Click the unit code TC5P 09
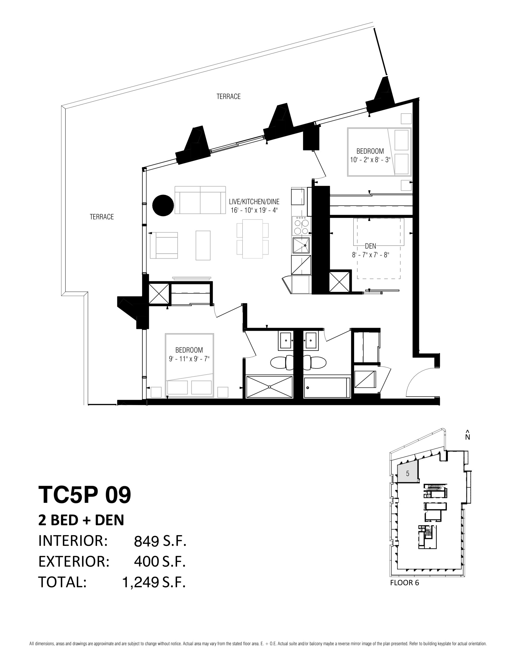85,495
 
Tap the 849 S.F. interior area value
160,541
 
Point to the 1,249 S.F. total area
154,582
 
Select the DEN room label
371,246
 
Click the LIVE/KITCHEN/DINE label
254,202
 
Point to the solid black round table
163,205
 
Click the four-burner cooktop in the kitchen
301,226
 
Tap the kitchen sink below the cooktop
301,245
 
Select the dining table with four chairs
252,239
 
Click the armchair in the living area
163,245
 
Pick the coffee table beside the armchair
203,245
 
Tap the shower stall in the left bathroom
269,387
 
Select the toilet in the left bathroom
282,362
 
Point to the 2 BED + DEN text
81,520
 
